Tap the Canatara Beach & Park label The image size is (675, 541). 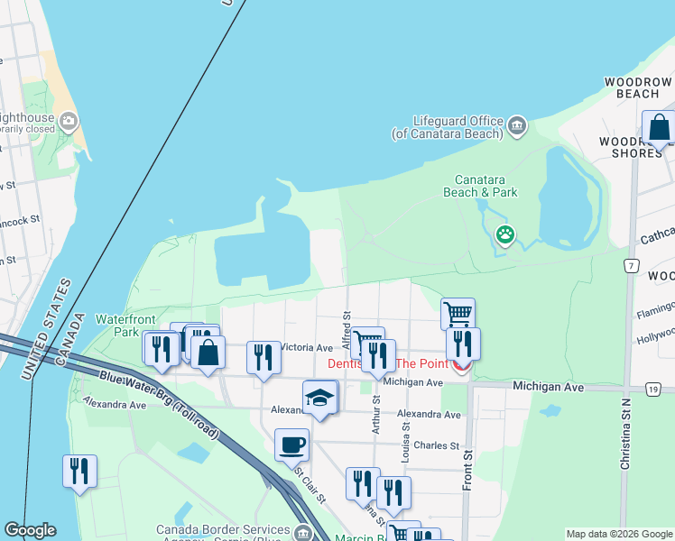(x=480, y=185)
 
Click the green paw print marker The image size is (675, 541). (x=505, y=236)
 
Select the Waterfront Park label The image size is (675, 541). (x=126, y=325)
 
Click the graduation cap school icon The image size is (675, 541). (x=319, y=397)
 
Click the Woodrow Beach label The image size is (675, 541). (x=639, y=87)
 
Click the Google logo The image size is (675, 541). (x=31, y=529)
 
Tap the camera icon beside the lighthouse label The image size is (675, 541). (x=69, y=121)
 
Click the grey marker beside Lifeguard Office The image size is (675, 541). (x=517, y=124)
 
